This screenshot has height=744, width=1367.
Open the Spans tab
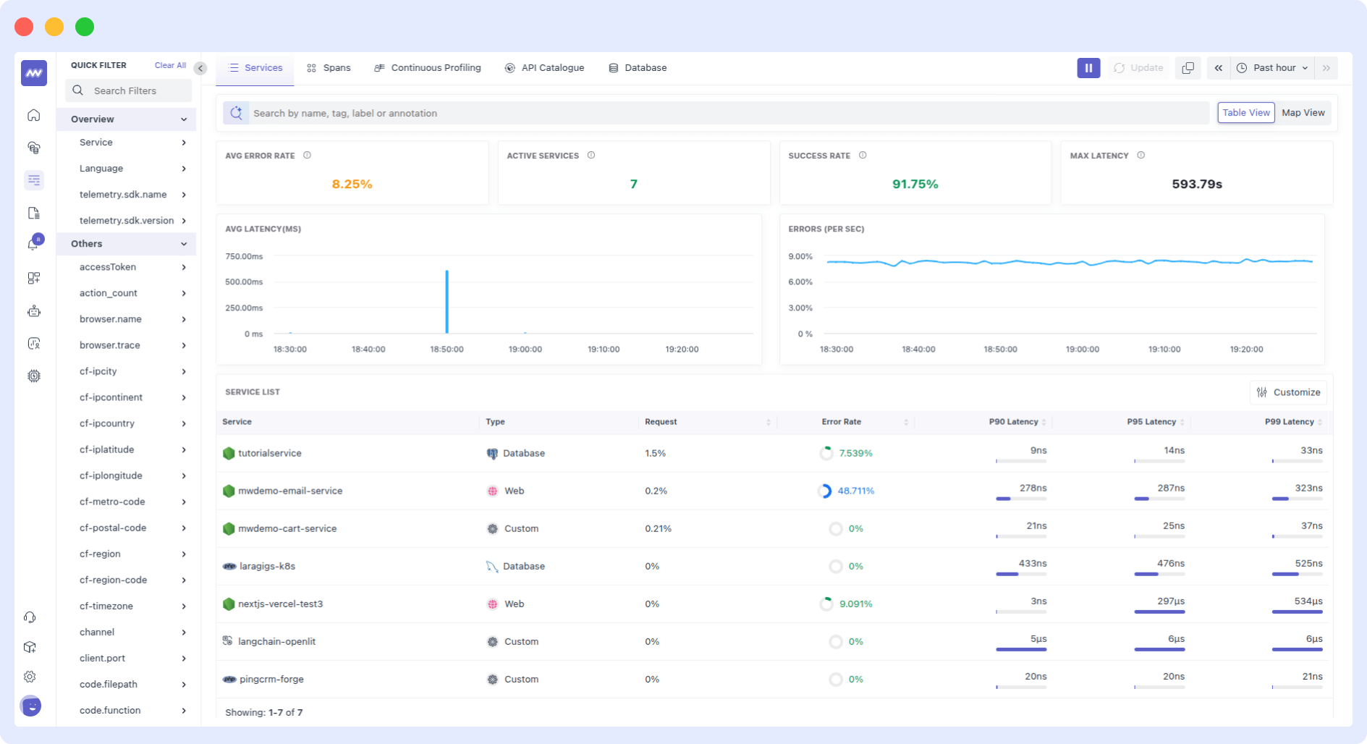329,68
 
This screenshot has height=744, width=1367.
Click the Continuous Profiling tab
428,68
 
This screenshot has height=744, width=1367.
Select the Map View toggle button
1303,113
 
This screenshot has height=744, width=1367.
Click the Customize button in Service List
1288,392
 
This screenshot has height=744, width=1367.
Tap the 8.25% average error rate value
352,185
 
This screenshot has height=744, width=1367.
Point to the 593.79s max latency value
1196,185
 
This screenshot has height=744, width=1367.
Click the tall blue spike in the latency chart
447,301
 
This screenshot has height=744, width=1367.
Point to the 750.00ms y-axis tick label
244,256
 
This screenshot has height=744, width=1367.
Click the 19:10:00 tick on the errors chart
1164,349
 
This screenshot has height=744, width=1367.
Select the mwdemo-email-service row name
290,491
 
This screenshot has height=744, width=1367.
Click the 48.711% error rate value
855,491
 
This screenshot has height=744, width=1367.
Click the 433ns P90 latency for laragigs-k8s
1032,563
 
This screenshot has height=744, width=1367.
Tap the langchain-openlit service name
276,641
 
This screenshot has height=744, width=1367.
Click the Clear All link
170,65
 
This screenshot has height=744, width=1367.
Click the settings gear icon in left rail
30,677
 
